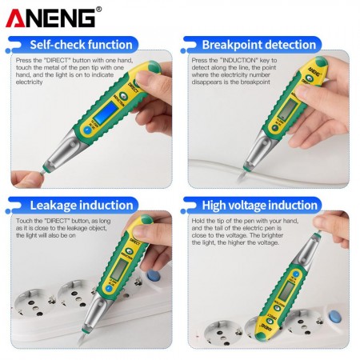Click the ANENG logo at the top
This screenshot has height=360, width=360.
50,18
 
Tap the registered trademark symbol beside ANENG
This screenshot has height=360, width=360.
98,10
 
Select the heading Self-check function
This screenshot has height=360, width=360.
81,45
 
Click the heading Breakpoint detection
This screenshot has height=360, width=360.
259,45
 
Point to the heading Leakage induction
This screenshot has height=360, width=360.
82,206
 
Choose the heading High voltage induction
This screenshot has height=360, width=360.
260,206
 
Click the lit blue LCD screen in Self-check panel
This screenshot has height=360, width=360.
109,112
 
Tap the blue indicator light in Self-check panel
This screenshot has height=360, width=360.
87,130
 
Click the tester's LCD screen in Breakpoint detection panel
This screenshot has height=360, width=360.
286,110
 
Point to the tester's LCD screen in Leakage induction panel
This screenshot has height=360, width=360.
119,269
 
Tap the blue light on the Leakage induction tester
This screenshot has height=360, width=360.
108,289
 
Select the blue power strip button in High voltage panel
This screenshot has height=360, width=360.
335,317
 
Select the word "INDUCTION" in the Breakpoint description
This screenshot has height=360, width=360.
238,61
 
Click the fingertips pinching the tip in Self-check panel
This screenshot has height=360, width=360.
27,178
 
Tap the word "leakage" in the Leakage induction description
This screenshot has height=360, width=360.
77,228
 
